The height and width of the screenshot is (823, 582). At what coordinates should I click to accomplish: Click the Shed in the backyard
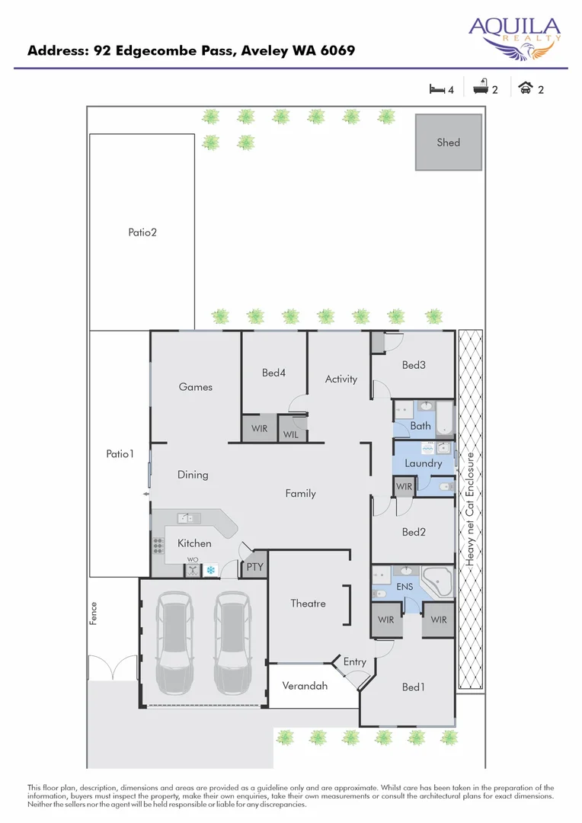448,143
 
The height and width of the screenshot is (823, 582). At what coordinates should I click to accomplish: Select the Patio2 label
142,232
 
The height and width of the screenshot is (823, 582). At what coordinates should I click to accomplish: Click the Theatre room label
308,604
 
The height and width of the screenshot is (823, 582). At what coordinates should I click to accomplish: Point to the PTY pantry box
254,567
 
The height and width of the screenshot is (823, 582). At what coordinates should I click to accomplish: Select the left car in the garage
173,640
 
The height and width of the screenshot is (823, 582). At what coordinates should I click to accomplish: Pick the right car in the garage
232,640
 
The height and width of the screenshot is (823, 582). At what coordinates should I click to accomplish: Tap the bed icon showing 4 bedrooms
437,89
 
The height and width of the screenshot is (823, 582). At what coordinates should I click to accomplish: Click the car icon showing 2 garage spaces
526,88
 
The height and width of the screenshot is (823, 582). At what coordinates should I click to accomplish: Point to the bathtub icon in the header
480,89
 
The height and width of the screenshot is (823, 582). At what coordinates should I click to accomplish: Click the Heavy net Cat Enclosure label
471,511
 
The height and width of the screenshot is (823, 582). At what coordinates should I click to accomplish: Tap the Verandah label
305,686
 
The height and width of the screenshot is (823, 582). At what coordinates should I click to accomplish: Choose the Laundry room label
424,463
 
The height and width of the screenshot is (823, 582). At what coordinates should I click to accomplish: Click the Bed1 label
413,687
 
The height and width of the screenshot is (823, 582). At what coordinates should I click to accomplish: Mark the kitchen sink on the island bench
188,519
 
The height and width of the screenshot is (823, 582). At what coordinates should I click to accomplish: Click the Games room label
196,387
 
